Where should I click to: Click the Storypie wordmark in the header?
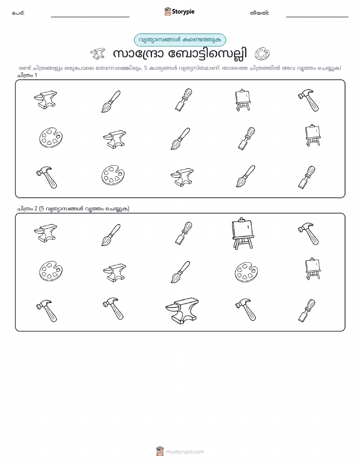[183, 12]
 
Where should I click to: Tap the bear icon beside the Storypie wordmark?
[168, 11]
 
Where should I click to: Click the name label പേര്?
[18, 13]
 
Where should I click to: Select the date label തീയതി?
[259, 13]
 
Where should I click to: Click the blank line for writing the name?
[90, 17]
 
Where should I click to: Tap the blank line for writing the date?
[317, 17]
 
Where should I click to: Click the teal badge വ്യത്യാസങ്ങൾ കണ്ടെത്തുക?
[180, 40]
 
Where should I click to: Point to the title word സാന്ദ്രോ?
[138, 54]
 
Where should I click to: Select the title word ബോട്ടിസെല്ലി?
[208, 54]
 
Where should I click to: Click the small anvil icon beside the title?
[97, 54]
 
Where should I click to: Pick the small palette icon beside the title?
[262, 54]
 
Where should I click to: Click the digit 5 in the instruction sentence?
[146, 68]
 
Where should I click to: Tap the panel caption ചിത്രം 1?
[27, 75]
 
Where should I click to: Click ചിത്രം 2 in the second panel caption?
[27, 209]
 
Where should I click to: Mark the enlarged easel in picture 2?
[243, 233]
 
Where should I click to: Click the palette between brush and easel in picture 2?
[246, 272]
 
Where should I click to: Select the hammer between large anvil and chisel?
[245, 309]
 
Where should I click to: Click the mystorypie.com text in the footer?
[185, 452]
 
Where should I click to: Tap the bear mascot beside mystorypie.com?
[160, 451]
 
